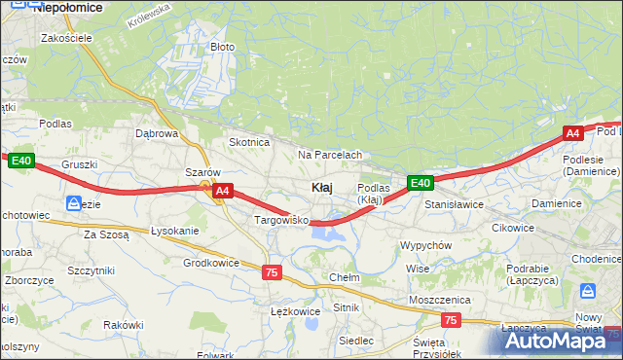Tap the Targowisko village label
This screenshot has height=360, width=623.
point(281,221)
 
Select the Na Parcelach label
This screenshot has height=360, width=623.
point(330,155)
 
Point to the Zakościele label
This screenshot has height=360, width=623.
point(66,38)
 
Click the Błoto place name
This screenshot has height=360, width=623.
point(223,47)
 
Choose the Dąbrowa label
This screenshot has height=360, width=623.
point(157,134)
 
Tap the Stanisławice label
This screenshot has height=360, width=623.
point(454,205)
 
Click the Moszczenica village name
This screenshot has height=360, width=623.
point(440,300)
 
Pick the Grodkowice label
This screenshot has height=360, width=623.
point(211,263)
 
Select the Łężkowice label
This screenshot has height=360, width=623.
point(294,311)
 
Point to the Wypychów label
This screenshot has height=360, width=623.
point(425,245)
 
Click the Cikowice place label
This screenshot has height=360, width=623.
point(513,228)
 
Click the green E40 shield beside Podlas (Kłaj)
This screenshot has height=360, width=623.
point(420,183)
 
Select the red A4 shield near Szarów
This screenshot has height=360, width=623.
point(223,192)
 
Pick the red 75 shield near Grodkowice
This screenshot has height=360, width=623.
point(272,273)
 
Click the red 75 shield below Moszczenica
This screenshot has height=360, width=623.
point(450,320)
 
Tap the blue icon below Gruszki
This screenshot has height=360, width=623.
point(73,203)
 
